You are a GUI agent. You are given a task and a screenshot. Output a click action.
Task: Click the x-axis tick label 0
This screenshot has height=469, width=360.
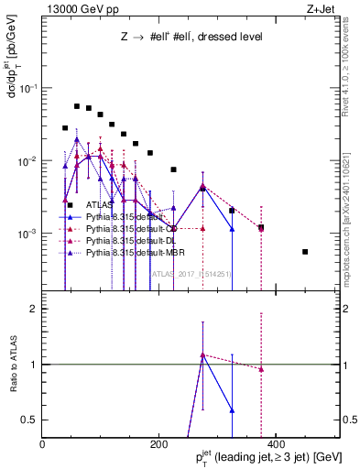click(42, 446)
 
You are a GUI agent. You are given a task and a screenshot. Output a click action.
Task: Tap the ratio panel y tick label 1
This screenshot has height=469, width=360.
click(34, 365)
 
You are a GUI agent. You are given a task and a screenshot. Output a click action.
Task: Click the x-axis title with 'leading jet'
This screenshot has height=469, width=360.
click(276, 458)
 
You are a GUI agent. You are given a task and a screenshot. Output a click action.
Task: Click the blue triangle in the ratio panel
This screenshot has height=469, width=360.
click(232, 410)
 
